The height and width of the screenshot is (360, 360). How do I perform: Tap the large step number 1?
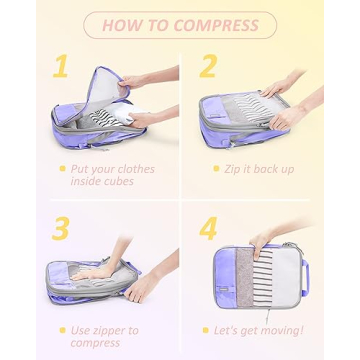[x=61, y=67]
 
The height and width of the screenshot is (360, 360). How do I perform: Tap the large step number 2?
[x=207, y=67]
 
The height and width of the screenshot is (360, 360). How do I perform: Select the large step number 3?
[x=61, y=228]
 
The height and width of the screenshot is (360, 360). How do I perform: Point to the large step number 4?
[x=208, y=228]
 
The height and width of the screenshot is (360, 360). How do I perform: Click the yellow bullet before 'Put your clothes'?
[x=62, y=169]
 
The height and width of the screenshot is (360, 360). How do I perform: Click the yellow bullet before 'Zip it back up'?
[x=215, y=169]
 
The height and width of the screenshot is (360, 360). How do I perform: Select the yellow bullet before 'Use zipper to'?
[x=62, y=330]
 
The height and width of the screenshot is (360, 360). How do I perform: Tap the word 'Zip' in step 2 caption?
[x=236, y=169]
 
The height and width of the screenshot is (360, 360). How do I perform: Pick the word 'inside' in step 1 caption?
[x=88, y=181]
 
